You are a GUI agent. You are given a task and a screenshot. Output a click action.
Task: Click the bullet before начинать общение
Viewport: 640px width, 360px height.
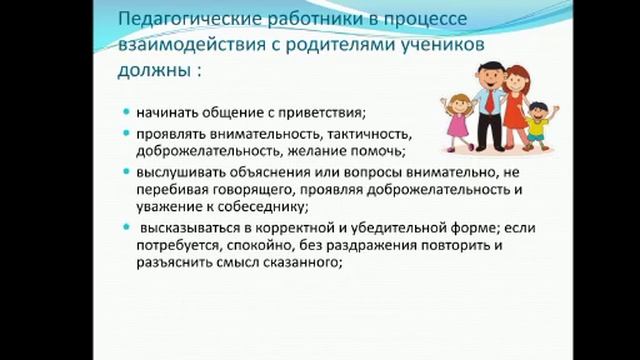[128, 112]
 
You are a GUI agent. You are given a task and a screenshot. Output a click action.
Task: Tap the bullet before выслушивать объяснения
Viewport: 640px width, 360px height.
[128, 172]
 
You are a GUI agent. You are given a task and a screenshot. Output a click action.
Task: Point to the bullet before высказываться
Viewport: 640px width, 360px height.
[128, 228]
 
